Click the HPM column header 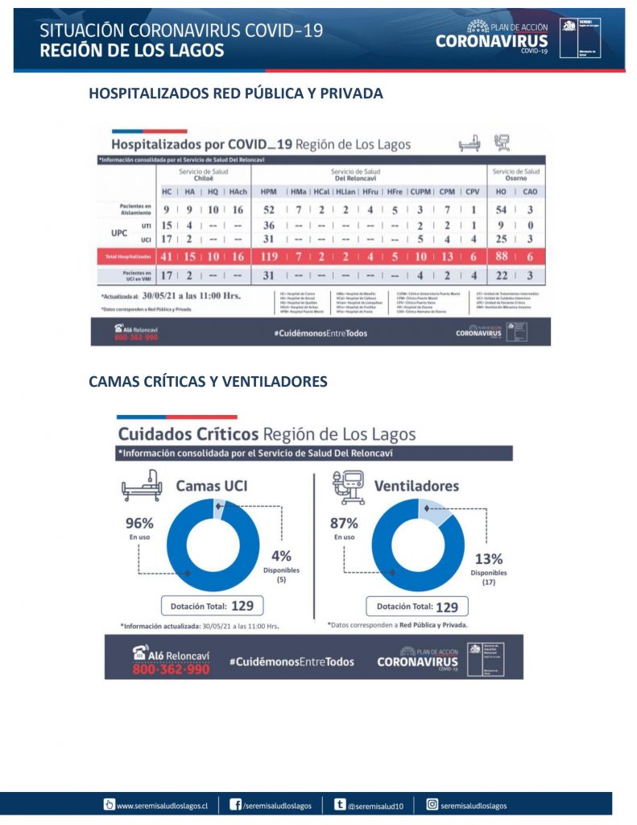click(x=268, y=192)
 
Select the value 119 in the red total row click(x=268, y=257)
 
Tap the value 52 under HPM click(x=268, y=209)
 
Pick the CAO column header click(x=530, y=192)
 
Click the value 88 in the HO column click(x=500, y=257)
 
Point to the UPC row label click(x=119, y=232)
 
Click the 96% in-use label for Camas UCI click(x=138, y=521)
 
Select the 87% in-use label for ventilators click(x=345, y=521)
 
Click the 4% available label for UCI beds click(x=281, y=556)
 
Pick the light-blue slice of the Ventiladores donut click(x=430, y=511)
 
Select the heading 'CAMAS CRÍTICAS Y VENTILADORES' click(x=208, y=382)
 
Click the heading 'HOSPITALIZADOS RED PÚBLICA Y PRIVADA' click(x=235, y=93)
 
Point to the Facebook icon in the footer click(x=236, y=804)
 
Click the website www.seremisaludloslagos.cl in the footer click(x=162, y=805)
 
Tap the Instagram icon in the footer click(x=432, y=804)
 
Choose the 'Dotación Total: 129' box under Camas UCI click(x=213, y=606)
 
